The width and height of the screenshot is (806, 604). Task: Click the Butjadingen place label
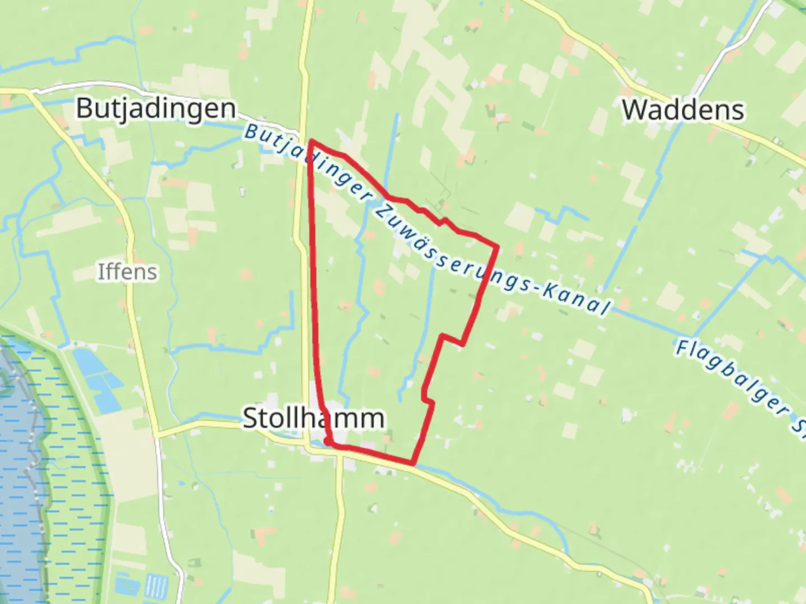pyautogui.click(x=156, y=108)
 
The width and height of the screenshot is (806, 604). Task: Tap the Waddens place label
pyautogui.click(x=683, y=110)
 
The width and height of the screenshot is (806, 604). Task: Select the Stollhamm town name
pyautogui.click(x=313, y=418)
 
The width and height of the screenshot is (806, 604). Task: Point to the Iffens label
pyautogui.click(x=128, y=272)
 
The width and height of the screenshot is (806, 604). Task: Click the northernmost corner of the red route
pyautogui.click(x=311, y=141)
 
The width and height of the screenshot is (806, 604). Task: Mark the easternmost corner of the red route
pyautogui.click(x=497, y=246)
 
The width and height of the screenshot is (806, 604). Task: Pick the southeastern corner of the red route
pyautogui.click(x=413, y=463)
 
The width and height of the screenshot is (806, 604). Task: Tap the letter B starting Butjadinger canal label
pyautogui.click(x=251, y=132)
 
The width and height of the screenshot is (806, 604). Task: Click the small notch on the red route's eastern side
pyautogui.click(x=452, y=339)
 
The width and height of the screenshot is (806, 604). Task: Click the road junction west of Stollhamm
pyautogui.click(x=158, y=433)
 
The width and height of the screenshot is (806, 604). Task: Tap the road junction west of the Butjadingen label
pyautogui.click(x=29, y=91)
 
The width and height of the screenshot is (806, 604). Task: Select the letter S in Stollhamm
pyautogui.click(x=250, y=418)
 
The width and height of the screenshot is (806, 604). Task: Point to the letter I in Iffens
pyautogui.click(x=101, y=272)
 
